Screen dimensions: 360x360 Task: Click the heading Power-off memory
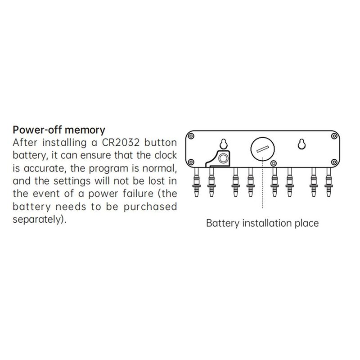pyautogui.click(x=59, y=130)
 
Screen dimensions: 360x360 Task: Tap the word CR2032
pyautogui.click(x=121, y=143)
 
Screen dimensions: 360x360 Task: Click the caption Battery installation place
pyautogui.click(x=262, y=223)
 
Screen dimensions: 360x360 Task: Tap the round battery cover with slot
pyautogui.click(x=262, y=149)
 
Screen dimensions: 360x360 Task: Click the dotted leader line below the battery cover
pyautogui.click(x=263, y=183)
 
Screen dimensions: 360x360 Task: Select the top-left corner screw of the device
pyautogui.click(x=191, y=136)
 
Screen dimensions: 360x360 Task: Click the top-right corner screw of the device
pyautogui.click(x=334, y=136)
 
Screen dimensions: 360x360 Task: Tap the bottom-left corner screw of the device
pyautogui.click(x=191, y=162)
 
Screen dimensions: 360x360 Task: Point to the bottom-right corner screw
pyautogui.click(x=334, y=162)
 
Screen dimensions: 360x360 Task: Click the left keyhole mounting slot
pyautogui.click(x=223, y=144)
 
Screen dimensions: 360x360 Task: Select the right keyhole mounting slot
pyautogui.click(x=301, y=144)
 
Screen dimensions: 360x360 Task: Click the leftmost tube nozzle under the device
pyautogui.click(x=197, y=182)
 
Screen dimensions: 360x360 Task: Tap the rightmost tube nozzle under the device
pyautogui.click(x=328, y=182)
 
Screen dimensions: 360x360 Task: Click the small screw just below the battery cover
pyautogui.click(x=273, y=163)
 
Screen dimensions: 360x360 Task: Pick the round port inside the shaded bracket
pyautogui.click(x=223, y=158)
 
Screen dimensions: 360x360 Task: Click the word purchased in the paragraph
pyautogui.click(x=150, y=207)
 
